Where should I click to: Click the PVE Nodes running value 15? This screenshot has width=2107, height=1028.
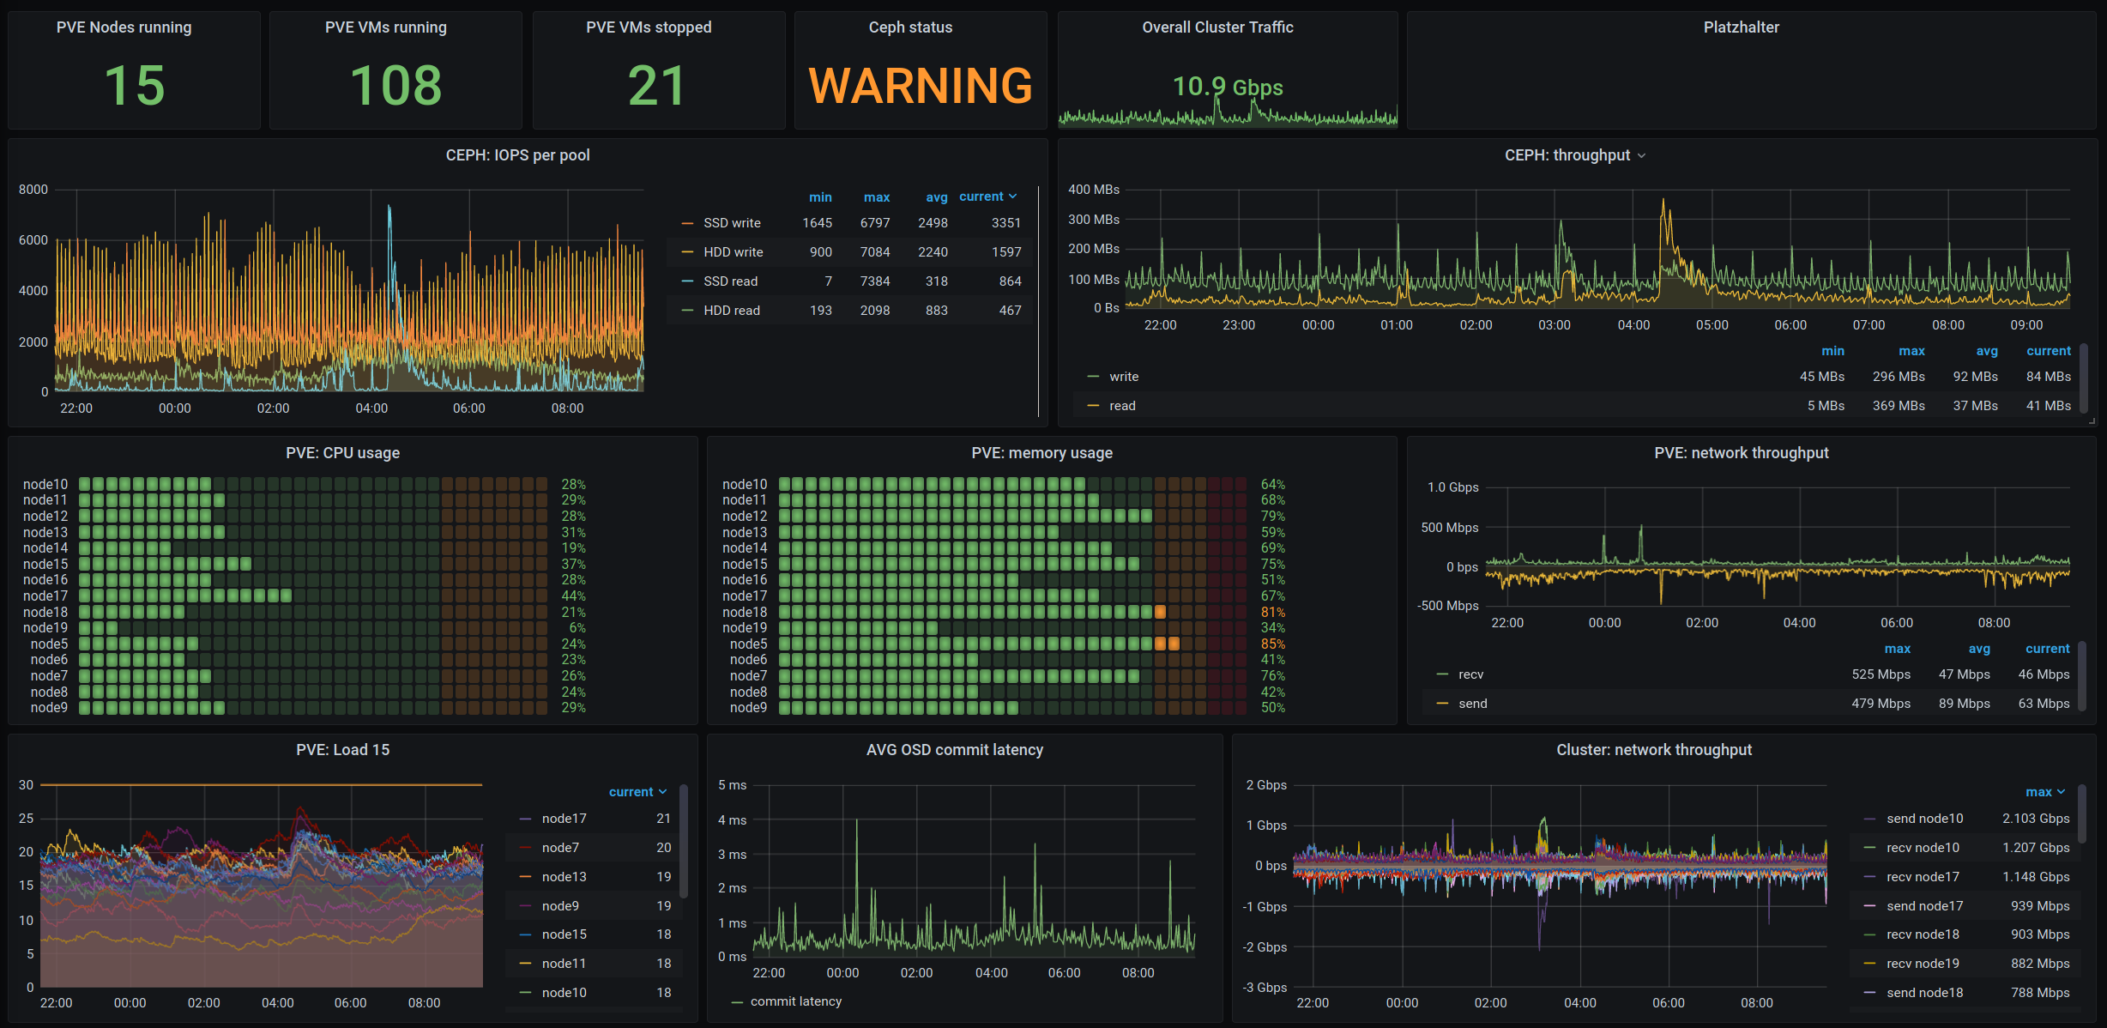[135, 86]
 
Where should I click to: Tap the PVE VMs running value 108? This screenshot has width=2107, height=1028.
[395, 86]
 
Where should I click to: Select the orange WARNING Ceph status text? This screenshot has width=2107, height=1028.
[921, 86]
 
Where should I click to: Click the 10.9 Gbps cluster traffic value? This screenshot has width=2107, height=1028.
[1228, 87]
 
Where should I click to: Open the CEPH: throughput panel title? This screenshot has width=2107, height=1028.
[1567, 155]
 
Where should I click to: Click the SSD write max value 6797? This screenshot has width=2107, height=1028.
[875, 223]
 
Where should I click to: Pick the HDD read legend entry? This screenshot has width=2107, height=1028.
[732, 311]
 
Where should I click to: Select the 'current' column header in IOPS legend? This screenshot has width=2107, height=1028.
[981, 197]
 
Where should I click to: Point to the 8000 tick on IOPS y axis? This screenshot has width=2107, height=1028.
[33, 190]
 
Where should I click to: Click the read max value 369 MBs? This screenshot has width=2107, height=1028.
[1899, 406]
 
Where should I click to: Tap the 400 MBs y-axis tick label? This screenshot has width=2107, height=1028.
[1094, 190]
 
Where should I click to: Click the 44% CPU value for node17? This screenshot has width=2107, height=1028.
[574, 596]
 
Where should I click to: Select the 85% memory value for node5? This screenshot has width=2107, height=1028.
[1273, 644]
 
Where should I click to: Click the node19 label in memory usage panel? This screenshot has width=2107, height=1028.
[745, 628]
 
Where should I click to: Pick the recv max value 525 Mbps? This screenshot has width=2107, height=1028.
[1881, 674]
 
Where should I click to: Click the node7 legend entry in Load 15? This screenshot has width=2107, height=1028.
[560, 848]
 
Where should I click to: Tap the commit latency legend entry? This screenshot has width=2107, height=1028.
[796, 1001]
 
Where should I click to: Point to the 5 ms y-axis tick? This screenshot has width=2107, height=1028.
[733, 785]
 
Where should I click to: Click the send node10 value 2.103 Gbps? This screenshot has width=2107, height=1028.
[2036, 819]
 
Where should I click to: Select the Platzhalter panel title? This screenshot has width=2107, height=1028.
[1742, 27]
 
